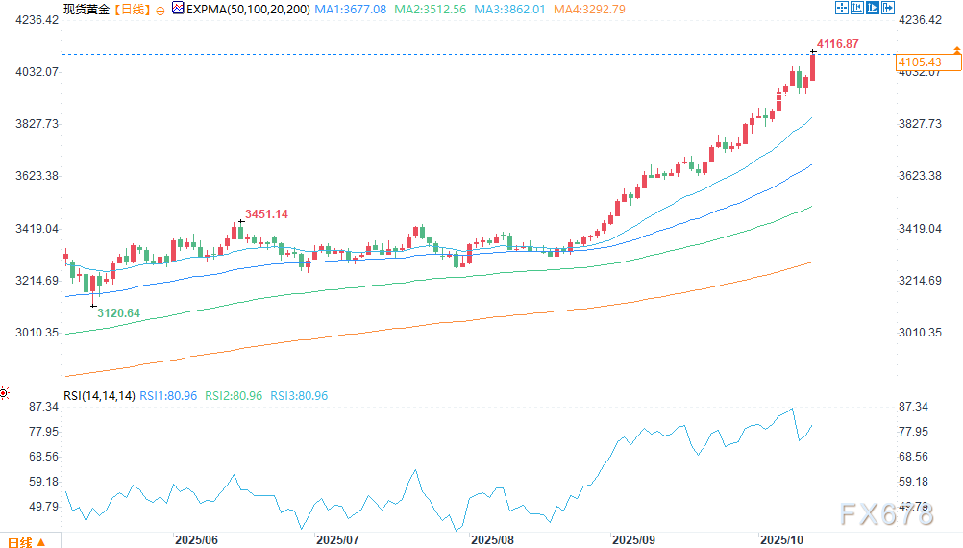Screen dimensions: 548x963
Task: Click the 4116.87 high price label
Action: [839, 44]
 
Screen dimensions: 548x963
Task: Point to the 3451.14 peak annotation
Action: [266, 213]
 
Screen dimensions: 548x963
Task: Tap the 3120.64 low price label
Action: [119, 313]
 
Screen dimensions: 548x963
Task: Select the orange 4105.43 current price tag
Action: [918, 62]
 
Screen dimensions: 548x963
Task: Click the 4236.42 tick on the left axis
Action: [34, 20]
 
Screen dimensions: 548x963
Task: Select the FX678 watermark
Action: [886, 515]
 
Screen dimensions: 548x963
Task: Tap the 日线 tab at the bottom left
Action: [19, 541]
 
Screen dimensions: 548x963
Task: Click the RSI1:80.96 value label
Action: [169, 396]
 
